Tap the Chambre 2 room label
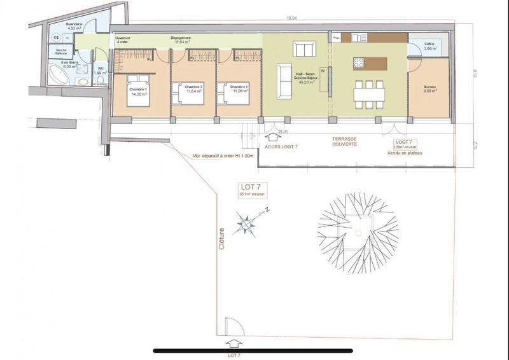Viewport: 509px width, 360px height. (194, 87)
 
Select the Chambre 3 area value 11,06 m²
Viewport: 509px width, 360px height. (239, 92)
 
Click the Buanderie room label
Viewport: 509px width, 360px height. (74, 25)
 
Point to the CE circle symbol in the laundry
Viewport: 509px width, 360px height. (57, 37)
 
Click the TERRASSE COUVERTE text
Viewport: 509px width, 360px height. (344, 141)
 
